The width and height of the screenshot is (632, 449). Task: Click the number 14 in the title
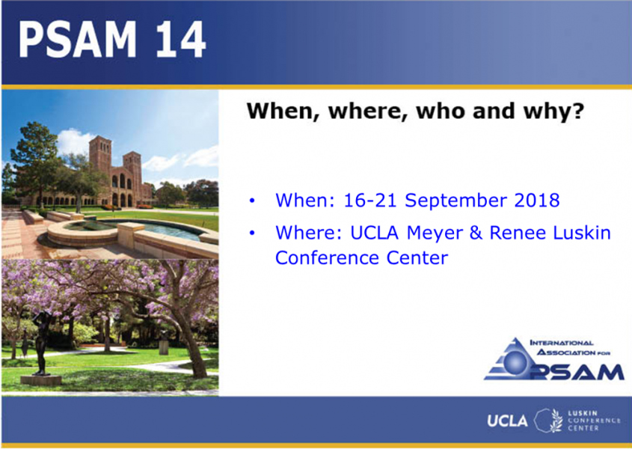181,40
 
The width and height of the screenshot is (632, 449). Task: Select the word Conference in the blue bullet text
328,257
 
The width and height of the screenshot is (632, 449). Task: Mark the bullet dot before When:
252,201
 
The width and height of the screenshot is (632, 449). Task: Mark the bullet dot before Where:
252,233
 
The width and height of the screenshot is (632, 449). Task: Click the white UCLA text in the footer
507,421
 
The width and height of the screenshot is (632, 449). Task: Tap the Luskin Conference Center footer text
594,421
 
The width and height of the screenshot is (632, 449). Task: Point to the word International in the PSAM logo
562,343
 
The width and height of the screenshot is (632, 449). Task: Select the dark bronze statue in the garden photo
41,343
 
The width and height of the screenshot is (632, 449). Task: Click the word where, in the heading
366,111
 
